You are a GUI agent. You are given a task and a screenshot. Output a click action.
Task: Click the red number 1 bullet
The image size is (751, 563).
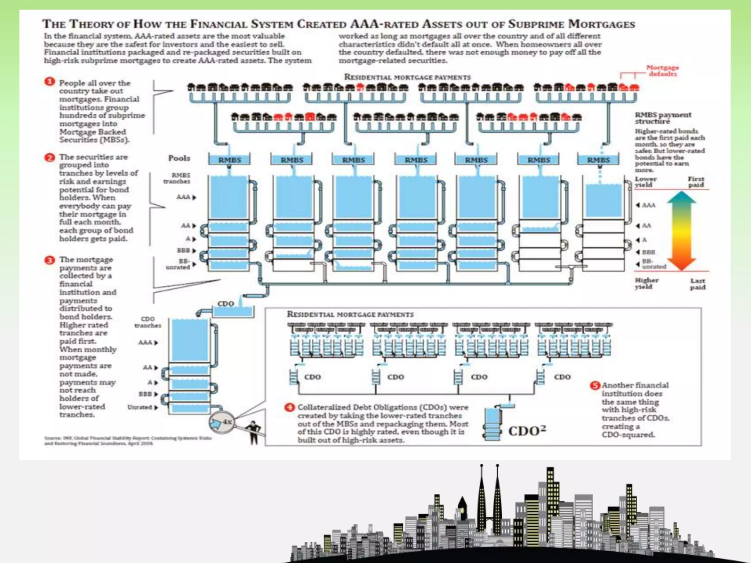click(x=50, y=82)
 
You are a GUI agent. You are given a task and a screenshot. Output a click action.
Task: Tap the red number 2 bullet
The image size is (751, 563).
click(x=50, y=158)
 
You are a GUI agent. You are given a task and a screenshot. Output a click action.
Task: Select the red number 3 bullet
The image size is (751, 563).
click(x=50, y=260)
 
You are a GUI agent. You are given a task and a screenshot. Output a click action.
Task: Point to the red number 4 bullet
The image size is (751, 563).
click(x=290, y=407)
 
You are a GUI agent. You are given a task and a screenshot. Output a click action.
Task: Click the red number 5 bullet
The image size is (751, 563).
click(x=594, y=386)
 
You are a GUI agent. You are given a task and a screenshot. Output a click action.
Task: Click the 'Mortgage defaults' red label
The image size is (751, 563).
click(x=662, y=70)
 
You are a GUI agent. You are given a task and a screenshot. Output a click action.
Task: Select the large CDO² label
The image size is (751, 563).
click(x=527, y=431)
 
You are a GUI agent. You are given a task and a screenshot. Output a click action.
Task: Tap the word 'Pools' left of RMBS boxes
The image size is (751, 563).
click(x=179, y=158)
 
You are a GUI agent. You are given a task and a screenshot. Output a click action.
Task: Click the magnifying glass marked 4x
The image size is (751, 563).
click(x=220, y=423)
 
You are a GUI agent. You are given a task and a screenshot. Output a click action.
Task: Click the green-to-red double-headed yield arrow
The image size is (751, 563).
click(x=681, y=231)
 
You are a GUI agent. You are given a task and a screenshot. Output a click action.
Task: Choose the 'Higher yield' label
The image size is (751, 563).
click(x=647, y=283)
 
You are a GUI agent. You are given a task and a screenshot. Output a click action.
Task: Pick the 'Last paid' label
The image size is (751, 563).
click(x=697, y=284)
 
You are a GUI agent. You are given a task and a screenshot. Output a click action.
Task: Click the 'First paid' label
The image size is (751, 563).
click(x=696, y=182)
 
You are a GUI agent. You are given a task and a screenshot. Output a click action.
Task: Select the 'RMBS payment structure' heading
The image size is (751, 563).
click(x=663, y=118)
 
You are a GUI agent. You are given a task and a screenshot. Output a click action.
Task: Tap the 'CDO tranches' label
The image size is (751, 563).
click(x=148, y=322)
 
